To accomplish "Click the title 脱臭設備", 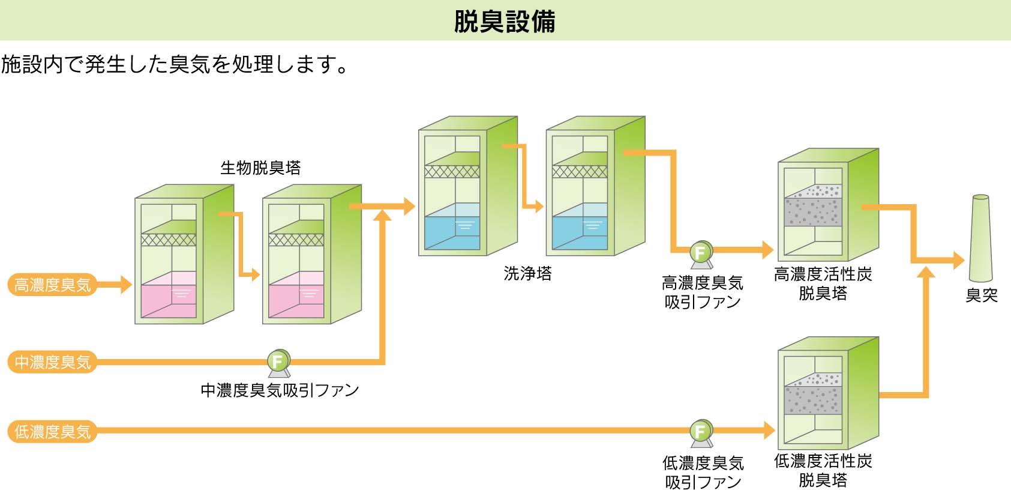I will tap(505, 21).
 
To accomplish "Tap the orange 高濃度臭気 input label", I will tap(53, 285).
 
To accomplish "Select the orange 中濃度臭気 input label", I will tap(53, 362).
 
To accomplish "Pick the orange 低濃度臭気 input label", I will tap(53, 431).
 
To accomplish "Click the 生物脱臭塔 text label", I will tap(260, 168).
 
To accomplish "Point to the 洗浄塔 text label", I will tap(527, 274).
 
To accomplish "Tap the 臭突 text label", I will tap(981, 295).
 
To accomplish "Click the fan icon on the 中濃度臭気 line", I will tap(278, 362).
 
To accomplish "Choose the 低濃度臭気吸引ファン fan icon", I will tap(700, 432).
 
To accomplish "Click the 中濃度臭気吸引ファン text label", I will tap(280, 390).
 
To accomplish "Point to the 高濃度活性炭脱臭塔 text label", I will tap(823, 283).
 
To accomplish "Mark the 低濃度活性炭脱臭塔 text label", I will tap(823, 470).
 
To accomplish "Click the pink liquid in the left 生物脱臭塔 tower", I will tap(169, 300).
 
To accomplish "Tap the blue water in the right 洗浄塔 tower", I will tap(580, 232).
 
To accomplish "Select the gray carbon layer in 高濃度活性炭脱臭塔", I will tap(813, 212).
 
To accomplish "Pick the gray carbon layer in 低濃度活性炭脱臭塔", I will tap(813, 399).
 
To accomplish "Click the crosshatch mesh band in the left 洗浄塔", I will tap(452, 172).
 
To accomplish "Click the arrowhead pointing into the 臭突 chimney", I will tap(958, 261).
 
